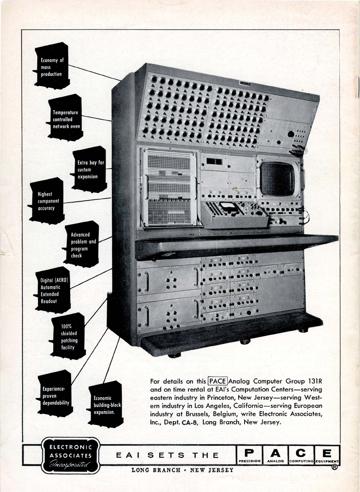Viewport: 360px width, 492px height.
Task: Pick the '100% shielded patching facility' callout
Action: point(68,337)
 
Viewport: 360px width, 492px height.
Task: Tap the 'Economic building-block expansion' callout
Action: point(104,405)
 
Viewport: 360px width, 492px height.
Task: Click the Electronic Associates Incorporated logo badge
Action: point(71,455)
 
